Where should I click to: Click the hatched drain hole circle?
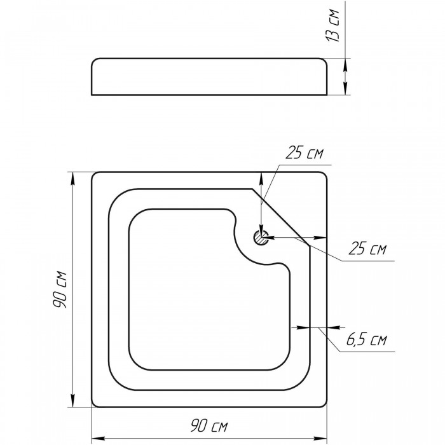[261, 238]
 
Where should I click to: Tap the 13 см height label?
[332, 25]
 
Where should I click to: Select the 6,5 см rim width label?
[366, 339]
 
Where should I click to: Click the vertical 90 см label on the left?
[60, 289]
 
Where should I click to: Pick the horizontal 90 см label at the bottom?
[209, 426]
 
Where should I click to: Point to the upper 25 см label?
[304, 153]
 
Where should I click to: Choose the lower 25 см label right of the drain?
[367, 249]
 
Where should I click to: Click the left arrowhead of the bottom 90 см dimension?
[98, 438]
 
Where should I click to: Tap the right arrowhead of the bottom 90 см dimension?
[320, 438]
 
